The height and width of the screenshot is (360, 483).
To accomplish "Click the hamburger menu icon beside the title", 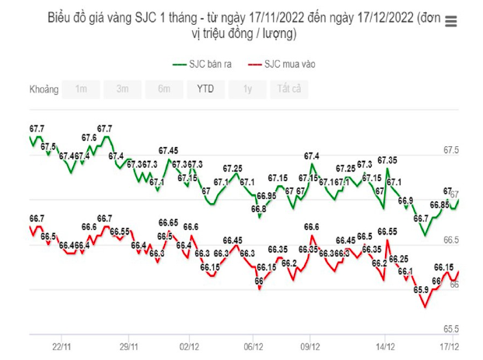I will point(450,22).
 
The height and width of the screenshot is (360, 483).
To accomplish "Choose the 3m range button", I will point(123,89).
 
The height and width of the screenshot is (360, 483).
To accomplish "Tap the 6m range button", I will point(164,89).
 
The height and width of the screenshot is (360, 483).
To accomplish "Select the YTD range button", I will point(205,89).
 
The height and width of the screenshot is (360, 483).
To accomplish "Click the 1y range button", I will point(247,89).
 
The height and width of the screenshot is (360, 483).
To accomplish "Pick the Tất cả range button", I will point(289,89).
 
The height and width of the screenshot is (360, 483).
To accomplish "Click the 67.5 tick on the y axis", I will point(452,149).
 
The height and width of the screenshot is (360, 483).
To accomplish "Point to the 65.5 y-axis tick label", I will point(452,329).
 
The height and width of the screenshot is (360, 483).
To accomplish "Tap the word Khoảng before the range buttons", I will point(44,89).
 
